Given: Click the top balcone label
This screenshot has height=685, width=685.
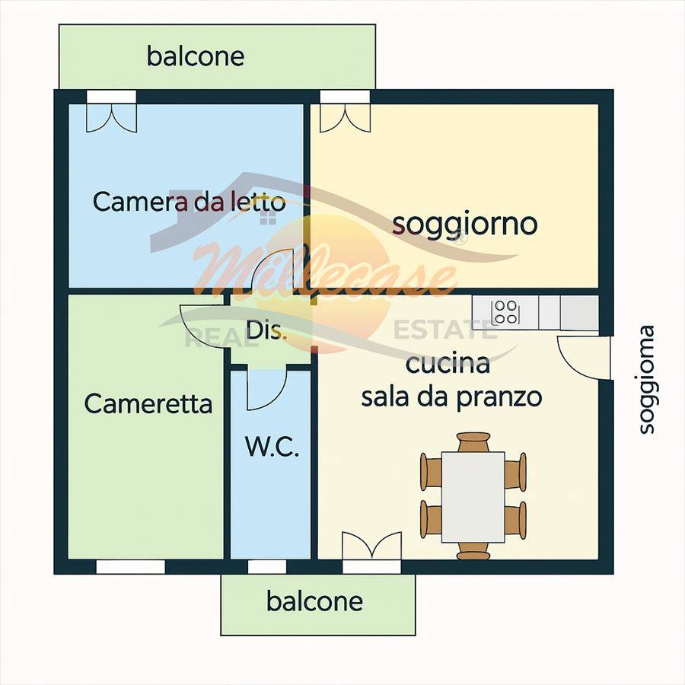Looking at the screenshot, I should [196, 56].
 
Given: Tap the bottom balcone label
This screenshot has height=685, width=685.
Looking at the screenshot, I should [314, 602].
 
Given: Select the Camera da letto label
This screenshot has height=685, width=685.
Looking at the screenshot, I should [189, 202].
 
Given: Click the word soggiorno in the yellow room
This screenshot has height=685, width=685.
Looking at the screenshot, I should [464, 224].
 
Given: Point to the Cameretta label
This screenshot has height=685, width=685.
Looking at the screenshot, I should [148, 403].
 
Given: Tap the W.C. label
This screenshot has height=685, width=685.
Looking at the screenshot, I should [272, 447].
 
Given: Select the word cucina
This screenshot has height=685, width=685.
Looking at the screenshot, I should [448, 364].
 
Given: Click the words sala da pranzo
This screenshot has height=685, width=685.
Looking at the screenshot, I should [451, 397].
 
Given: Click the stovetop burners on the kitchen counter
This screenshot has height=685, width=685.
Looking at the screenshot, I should [505, 311].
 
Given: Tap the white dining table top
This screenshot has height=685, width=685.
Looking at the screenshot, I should [473, 497].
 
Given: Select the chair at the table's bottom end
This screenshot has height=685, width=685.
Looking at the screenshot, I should [473, 551].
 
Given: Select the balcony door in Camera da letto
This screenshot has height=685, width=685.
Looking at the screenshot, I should [111, 116].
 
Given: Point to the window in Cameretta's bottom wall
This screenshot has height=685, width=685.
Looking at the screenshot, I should [130, 567].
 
